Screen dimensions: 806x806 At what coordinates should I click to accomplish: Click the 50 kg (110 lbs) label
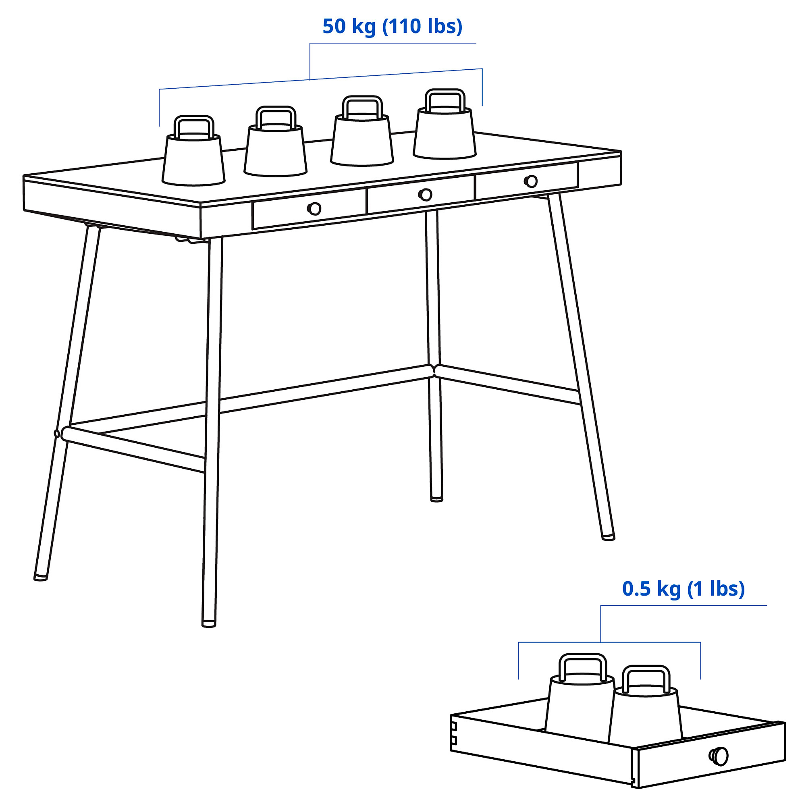pos(392,27)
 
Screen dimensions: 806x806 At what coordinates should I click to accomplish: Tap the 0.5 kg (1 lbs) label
pos(683,589)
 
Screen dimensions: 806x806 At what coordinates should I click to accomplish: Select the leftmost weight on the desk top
pos(193,158)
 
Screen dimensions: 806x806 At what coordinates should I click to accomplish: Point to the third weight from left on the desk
pos(362,140)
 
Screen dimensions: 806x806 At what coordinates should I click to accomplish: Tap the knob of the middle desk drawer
pos(425,194)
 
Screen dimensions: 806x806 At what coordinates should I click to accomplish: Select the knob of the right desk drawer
pos(531,181)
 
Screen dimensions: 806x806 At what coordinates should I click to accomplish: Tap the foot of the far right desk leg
pos(608,538)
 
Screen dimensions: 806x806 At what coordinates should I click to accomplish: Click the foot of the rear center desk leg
pos(436,499)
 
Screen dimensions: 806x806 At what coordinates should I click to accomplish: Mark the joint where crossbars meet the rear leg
pos(434,370)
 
